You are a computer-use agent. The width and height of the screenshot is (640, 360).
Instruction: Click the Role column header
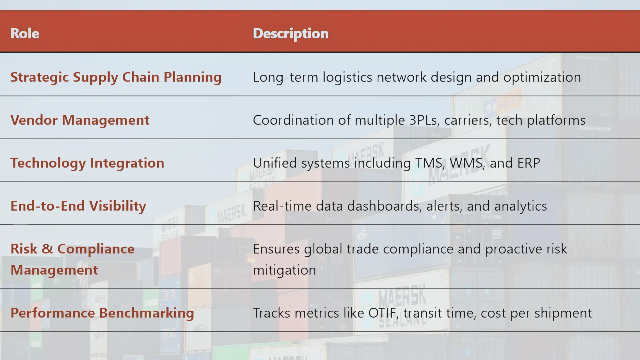[25, 33]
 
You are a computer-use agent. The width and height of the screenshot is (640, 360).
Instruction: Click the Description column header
[290, 34]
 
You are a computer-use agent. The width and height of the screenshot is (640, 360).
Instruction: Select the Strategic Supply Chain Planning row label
[116, 77]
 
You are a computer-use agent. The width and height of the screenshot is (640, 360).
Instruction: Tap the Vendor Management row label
[80, 120]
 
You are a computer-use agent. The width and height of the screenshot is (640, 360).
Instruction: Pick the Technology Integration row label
[87, 163]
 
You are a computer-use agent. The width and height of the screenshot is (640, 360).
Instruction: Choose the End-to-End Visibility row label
[78, 206]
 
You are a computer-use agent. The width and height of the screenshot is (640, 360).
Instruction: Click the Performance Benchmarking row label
[102, 313]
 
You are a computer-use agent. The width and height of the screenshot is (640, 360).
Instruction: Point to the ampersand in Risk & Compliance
[47, 249]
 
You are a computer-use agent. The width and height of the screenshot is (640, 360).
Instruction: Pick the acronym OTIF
[382, 313]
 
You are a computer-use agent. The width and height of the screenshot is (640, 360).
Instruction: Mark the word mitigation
[284, 270]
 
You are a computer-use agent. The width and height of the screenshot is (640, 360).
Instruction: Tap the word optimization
[542, 77]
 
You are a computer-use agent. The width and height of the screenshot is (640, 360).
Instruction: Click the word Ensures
[276, 249]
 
